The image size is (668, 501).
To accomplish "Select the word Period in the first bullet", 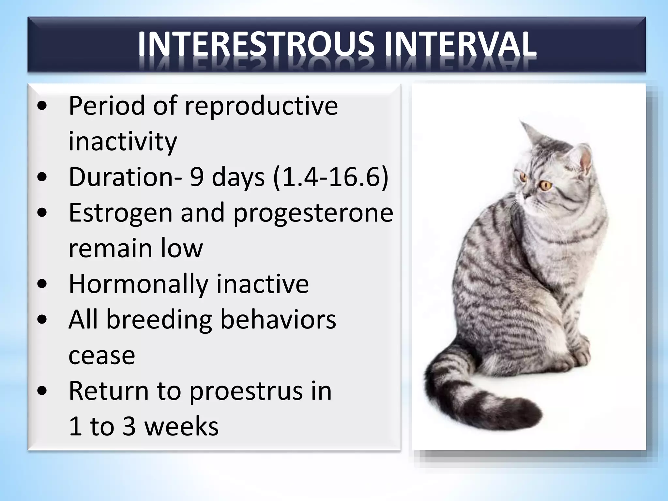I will pos(106,106).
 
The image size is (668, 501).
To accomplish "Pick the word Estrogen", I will pos(120,213).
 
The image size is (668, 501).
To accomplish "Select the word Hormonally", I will pos(138,284).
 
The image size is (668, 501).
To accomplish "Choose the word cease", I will pos(102,355).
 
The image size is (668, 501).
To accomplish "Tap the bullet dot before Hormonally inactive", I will pos(42,284).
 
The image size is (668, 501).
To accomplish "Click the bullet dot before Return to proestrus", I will pos(42,391).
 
